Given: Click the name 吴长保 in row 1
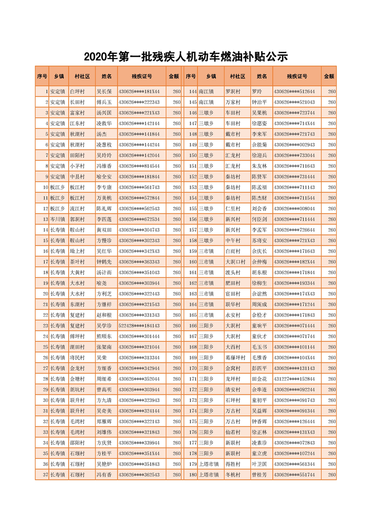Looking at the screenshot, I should (104, 91).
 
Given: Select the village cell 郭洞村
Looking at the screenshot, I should (77, 219).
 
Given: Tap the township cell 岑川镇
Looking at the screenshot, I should (58, 219).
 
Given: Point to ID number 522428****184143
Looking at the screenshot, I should (139, 325).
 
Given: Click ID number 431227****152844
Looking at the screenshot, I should (294, 378).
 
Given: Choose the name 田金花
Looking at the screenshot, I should (259, 378).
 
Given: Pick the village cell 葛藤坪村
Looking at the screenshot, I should (235, 357).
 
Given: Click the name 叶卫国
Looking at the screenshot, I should (259, 464).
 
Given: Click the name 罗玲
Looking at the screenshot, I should (257, 91).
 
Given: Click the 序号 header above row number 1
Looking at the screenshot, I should (42, 76).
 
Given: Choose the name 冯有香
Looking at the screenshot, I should (104, 474).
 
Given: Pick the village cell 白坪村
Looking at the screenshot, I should (77, 91).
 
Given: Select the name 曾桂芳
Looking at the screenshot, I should (259, 474).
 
